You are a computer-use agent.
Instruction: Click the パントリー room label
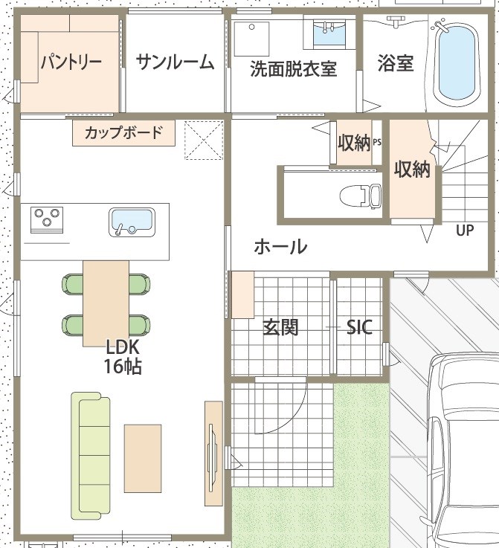click(x=71, y=62)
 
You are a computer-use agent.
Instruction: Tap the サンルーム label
click(x=175, y=62)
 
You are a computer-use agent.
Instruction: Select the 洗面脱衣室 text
click(x=294, y=69)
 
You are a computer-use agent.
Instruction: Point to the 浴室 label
click(x=396, y=63)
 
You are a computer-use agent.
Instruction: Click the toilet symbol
click(x=361, y=196)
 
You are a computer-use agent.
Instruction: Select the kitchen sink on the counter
click(x=132, y=222)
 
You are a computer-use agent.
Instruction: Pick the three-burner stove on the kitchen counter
click(x=47, y=219)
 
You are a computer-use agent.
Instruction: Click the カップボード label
click(x=123, y=133)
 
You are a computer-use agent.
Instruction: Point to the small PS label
click(x=377, y=142)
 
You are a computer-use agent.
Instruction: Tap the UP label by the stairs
click(x=465, y=230)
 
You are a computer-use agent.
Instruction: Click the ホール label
click(x=280, y=247)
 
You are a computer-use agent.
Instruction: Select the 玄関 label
click(x=280, y=327)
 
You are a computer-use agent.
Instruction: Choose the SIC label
click(x=359, y=327)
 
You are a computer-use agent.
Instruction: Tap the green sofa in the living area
click(x=91, y=456)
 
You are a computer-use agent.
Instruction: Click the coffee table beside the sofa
click(x=143, y=459)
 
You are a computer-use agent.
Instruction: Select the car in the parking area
click(x=463, y=451)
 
